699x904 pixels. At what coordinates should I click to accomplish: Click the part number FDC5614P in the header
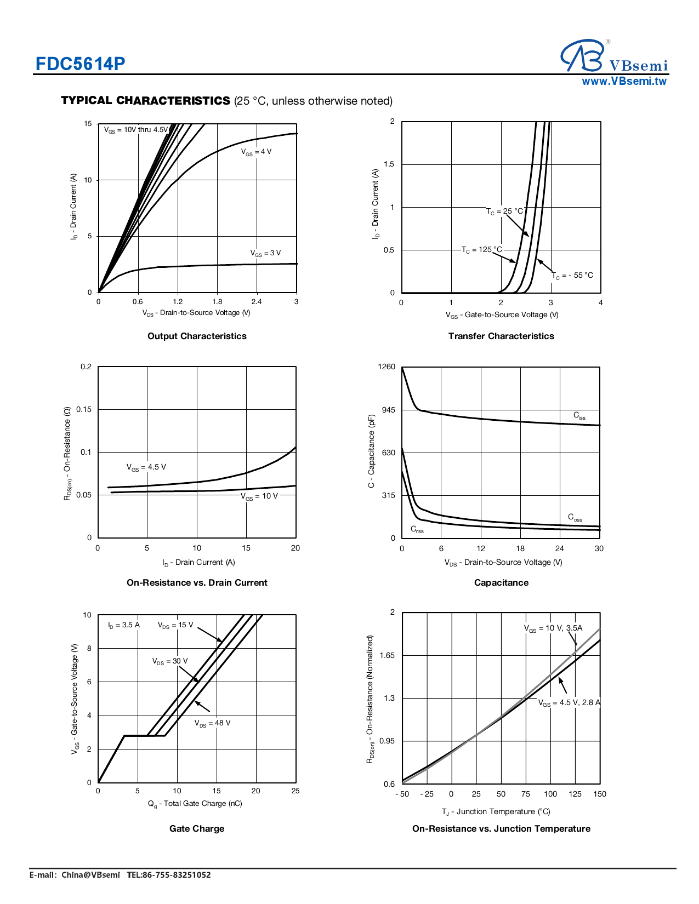click(80, 64)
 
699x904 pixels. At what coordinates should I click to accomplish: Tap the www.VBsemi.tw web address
click(624, 82)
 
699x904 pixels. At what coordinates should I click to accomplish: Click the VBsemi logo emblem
click(583, 55)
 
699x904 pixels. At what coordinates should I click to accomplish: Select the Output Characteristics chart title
click(197, 336)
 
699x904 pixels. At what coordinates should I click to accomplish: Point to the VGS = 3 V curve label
click(265, 253)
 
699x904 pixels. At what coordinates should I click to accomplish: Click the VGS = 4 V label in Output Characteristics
click(256, 152)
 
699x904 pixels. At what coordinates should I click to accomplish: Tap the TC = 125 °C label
click(481, 250)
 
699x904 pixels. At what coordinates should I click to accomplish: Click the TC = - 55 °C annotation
click(572, 276)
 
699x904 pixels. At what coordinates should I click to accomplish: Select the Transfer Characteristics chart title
click(501, 336)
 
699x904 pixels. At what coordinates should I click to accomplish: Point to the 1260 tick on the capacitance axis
click(387, 367)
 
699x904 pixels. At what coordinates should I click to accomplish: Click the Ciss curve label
click(579, 416)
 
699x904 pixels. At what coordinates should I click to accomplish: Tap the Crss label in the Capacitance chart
click(417, 529)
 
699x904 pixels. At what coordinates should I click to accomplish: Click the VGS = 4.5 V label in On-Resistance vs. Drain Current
click(146, 467)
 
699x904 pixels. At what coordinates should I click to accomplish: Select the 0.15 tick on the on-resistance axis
click(84, 409)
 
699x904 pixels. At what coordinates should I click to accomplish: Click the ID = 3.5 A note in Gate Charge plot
click(124, 625)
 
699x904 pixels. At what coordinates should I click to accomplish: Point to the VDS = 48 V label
click(212, 723)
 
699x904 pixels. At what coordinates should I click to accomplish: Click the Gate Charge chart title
click(197, 828)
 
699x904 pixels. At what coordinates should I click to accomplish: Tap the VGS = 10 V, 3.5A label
click(553, 628)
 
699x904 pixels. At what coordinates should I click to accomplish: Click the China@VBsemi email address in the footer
click(90, 875)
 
